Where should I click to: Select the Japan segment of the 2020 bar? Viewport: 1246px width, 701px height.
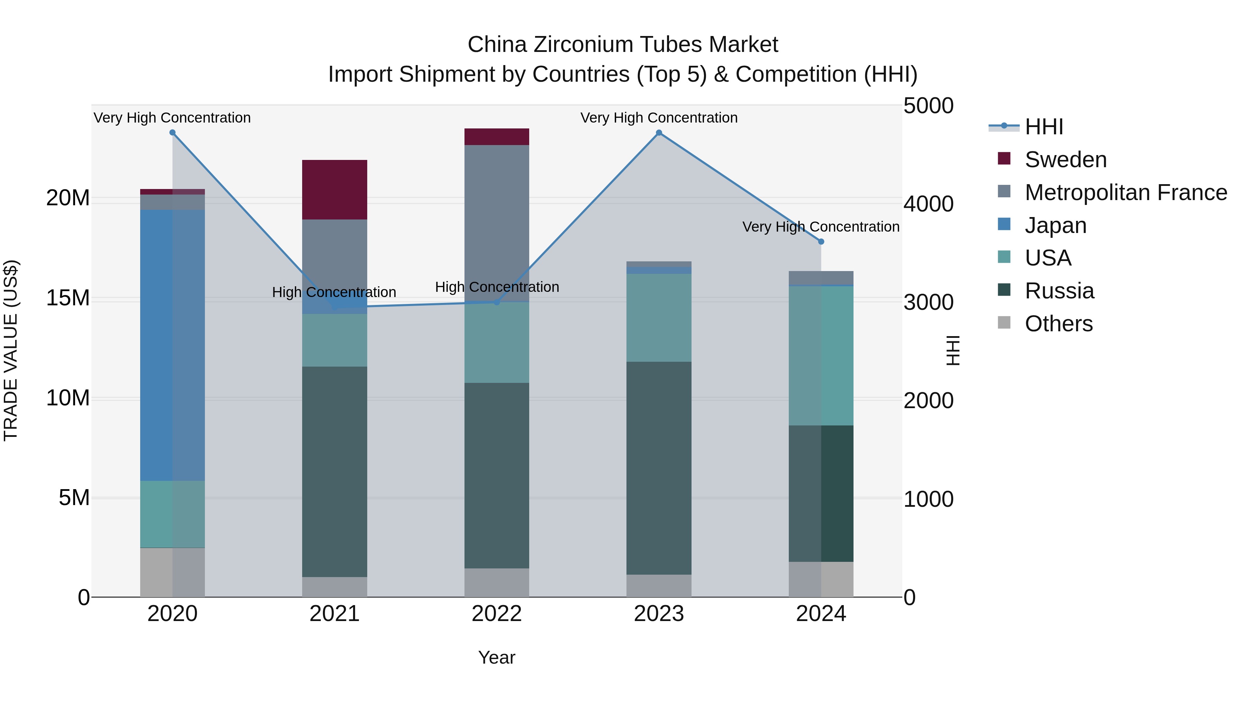click(172, 344)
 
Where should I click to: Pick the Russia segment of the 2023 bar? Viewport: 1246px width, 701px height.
click(658, 468)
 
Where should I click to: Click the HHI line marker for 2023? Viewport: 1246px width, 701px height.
click(658, 133)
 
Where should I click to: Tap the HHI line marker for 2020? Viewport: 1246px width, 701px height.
click(172, 133)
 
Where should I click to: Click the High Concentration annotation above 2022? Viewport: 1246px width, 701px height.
click(497, 287)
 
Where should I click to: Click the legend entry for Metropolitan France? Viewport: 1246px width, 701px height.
click(1125, 192)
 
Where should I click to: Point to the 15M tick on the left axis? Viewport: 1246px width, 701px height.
click(68, 298)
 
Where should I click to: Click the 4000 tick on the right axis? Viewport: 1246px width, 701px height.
click(928, 204)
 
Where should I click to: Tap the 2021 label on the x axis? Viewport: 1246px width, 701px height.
click(334, 614)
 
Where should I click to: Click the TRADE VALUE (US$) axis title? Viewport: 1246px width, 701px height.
click(11, 350)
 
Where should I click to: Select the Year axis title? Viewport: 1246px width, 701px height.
click(496, 657)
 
